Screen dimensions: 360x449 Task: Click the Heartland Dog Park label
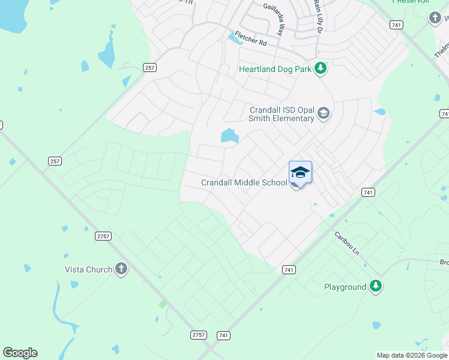pyautogui.click(x=275, y=69)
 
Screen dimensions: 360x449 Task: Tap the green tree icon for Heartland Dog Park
pyautogui.click(x=321, y=68)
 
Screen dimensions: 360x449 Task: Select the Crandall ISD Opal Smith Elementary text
pyautogui.click(x=282, y=114)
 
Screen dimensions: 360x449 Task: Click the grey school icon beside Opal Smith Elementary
pyautogui.click(x=324, y=113)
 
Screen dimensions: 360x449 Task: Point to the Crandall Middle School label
pyautogui.click(x=244, y=182)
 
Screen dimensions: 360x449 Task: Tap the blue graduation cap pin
pyautogui.click(x=300, y=173)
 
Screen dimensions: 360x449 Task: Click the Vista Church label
pyautogui.click(x=88, y=269)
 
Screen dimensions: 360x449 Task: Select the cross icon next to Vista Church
pyautogui.click(x=121, y=269)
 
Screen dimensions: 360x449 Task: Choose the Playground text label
pyautogui.click(x=345, y=287)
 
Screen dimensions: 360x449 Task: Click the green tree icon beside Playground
pyautogui.click(x=376, y=286)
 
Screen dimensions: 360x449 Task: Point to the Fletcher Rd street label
pyautogui.click(x=250, y=38)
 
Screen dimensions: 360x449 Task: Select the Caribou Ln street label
pyautogui.click(x=346, y=242)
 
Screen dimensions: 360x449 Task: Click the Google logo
pyautogui.click(x=20, y=353)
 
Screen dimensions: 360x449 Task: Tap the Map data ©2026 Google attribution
pyautogui.click(x=412, y=355)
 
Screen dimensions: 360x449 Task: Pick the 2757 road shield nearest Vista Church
pyautogui.click(x=103, y=236)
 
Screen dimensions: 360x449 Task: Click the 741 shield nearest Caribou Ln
pyautogui.click(x=369, y=192)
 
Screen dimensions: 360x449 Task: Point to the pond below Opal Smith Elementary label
pyautogui.click(x=229, y=137)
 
